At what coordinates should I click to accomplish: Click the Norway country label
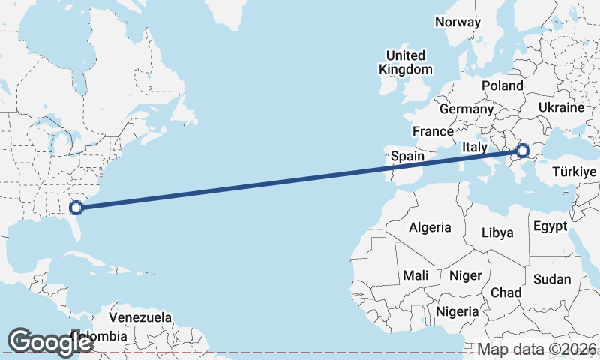(x=457, y=22)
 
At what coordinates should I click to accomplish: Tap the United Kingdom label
(x=406, y=62)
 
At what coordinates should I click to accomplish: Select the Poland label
(x=502, y=85)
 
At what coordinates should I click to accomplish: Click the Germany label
(x=466, y=109)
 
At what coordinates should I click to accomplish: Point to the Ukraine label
(x=561, y=107)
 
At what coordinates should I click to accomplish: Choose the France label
(x=433, y=131)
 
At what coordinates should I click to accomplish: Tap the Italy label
(x=475, y=147)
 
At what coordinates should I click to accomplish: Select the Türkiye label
(x=574, y=172)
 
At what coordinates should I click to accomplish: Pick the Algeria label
(x=430, y=227)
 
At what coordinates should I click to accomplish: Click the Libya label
(x=497, y=232)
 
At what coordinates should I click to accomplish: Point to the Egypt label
(x=550, y=226)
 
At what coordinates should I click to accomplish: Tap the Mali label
(x=415, y=275)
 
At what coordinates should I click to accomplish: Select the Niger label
(x=465, y=275)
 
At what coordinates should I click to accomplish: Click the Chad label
(x=505, y=292)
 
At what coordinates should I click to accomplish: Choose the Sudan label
(x=552, y=279)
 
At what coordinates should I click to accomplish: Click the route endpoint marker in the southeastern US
(x=76, y=208)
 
